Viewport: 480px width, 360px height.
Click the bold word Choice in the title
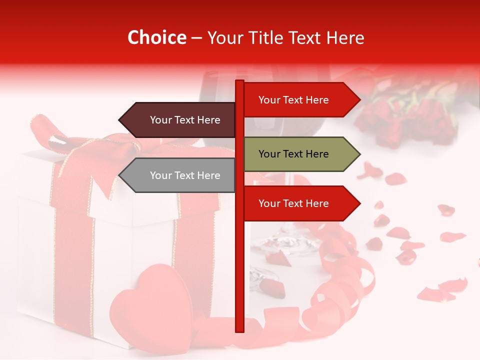(x=156, y=38)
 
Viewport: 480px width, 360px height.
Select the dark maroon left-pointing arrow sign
(x=180, y=120)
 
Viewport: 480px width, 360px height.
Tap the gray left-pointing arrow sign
(x=180, y=175)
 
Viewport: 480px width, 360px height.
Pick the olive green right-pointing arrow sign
(x=297, y=154)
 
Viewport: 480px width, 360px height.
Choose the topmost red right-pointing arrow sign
(x=297, y=100)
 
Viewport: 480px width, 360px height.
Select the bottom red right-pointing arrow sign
(x=297, y=203)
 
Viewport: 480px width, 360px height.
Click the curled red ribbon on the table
(x=340, y=280)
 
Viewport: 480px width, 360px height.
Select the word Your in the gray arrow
(x=160, y=175)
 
